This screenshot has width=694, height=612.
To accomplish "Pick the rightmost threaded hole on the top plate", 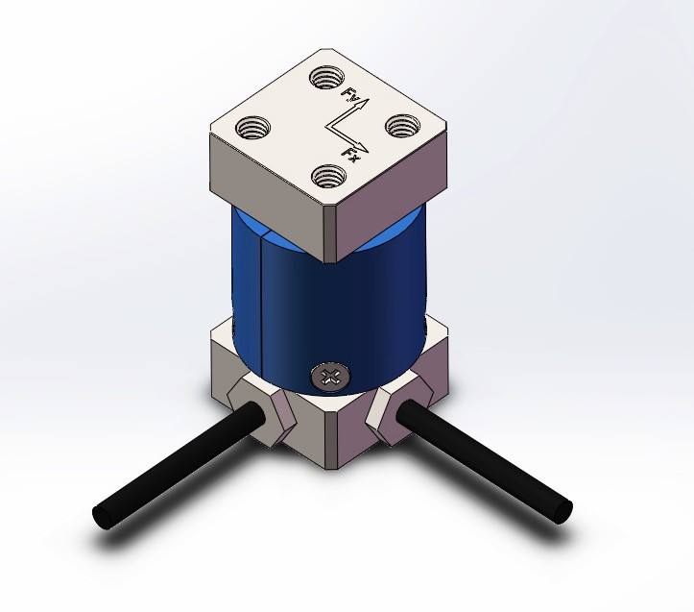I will pos(401,125).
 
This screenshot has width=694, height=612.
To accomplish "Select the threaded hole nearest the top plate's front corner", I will pos(329,176).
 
